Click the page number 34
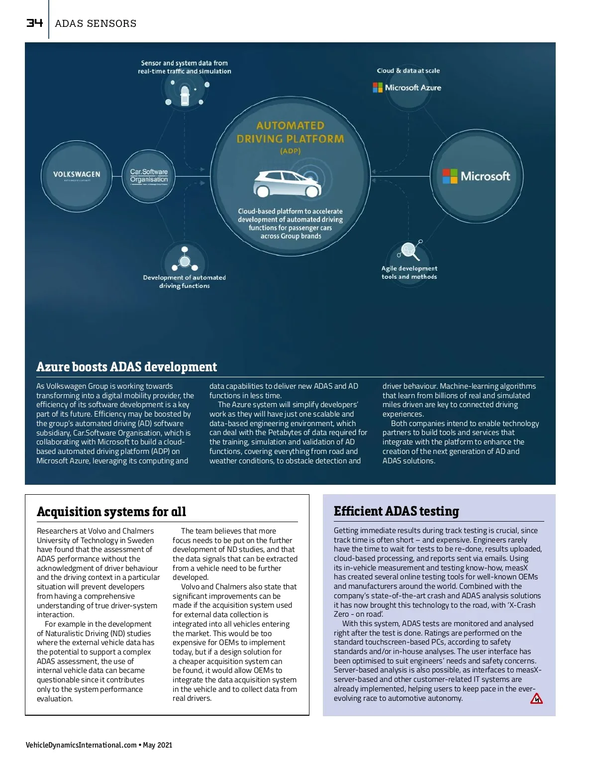[34, 23]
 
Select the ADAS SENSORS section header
[96, 23]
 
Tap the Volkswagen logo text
[77, 174]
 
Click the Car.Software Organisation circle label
[149, 176]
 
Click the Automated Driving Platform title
[290, 132]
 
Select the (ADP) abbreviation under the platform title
[290, 151]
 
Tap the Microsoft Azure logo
[407, 88]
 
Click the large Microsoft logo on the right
[476, 176]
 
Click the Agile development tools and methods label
[409, 272]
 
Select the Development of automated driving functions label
[184, 282]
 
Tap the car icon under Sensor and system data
[185, 95]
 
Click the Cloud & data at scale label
[408, 71]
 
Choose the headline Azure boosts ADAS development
[126, 367]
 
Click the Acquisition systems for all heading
[111, 512]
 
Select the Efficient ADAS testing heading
[396, 511]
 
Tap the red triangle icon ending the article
[536, 699]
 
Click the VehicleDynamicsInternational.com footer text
[81, 745]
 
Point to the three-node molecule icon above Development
[185, 259]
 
